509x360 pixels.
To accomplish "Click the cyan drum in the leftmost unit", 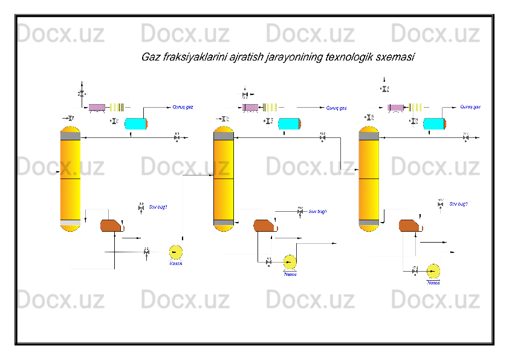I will [x=136, y=123].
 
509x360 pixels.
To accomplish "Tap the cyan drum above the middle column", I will [x=290, y=123].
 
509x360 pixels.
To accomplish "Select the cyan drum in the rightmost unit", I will [x=434, y=123].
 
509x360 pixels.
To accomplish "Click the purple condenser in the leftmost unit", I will [x=97, y=108].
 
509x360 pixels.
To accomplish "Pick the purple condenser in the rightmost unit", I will [x=396, y=108].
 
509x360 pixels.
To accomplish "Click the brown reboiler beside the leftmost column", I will [x=111, y=226].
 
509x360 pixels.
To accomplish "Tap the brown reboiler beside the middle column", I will [x=264, y=226].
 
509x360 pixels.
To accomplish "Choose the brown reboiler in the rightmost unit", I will [x=410, y=226].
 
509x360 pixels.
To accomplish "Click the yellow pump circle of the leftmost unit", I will [x=176, y=252].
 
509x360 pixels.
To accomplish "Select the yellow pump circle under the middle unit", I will [x=290, y=261].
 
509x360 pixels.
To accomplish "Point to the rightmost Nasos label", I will [x=433, y=282].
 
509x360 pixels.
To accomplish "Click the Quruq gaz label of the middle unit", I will [x=336, y=108].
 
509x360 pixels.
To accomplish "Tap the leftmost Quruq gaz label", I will [x=183, y=107].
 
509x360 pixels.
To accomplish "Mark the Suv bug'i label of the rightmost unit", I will [x=459, y=204].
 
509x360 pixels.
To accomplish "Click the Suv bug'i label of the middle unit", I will [x=318, y=212].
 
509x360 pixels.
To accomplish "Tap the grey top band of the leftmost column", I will [x=70, y=136].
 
